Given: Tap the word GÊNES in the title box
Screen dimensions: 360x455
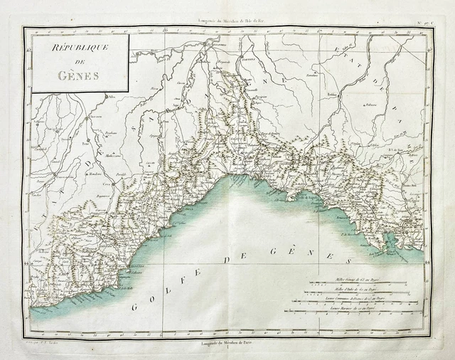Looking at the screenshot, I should (77, 77).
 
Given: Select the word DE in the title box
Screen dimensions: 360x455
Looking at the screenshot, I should (77, 64).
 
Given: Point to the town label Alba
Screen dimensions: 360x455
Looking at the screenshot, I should (111, 95).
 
